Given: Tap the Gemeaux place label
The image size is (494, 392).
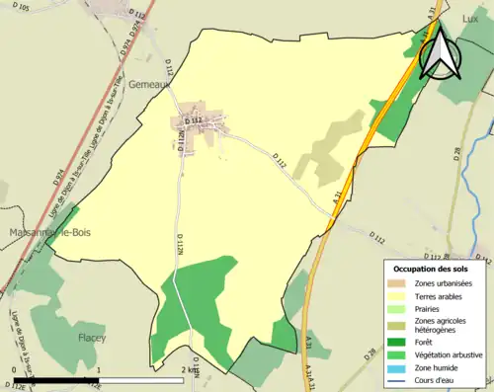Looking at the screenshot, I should (150, 85).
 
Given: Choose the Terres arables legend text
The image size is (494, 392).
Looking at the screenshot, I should (442, 296).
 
